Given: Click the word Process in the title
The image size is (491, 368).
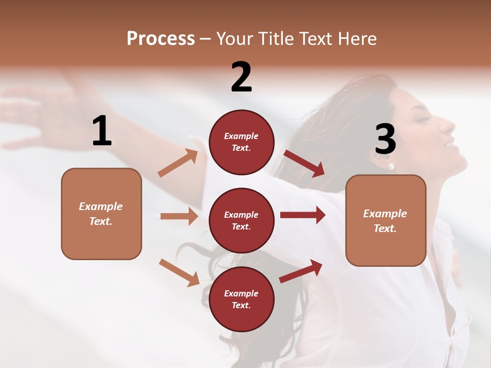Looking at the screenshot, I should (x=161, y=38).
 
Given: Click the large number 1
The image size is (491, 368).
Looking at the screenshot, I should (x=102, y=131).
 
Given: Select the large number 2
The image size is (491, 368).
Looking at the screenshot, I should (x=241, y=77).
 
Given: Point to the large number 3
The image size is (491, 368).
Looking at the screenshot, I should (x=385, y=140).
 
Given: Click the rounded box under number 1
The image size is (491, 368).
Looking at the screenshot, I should (x=101, y=214).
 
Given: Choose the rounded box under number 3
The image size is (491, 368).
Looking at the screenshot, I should (x=386, y=220).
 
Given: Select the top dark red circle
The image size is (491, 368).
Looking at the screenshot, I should (x=241, y=142).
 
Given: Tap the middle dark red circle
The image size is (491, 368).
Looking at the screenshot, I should (x=241, y=220).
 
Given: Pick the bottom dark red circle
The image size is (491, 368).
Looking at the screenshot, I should (x=241, y=299).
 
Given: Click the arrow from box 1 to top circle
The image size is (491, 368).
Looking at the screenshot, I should (x=178, y=163).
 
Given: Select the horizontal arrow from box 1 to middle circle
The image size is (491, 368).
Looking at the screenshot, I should (x=179, y=216).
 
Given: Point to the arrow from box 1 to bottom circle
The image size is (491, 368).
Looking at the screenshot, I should (x=179, y=272).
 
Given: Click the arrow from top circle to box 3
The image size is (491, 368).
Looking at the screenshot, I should (x=304, y=163).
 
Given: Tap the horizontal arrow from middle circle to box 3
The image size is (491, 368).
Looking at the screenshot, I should (x=303, y=215).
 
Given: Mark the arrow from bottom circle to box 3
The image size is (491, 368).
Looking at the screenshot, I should (x=301, y=271).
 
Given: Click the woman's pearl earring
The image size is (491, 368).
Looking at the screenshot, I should (x=391, y=167).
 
